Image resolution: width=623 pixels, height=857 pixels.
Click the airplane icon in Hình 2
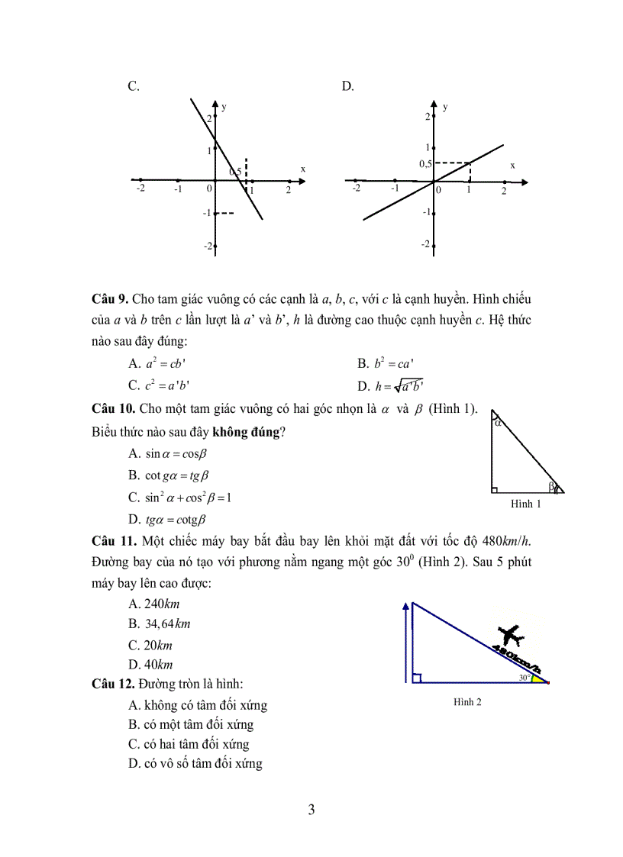coord(508,635)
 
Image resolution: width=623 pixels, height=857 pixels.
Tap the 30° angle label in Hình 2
coord(524,677)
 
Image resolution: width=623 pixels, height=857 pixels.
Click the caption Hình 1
coord(526,504)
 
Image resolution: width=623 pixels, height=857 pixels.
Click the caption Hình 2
coord(467,702)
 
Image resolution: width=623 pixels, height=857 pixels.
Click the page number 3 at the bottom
coord(311,810)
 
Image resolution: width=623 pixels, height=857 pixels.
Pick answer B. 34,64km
coord(160,623)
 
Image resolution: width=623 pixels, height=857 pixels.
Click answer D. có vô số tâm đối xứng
coord(195,763)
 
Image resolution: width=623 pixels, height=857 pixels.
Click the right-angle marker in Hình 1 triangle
coord(495,489)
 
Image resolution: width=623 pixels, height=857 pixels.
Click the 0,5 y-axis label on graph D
coord(424,164)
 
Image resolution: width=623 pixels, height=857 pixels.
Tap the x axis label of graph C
coord(302,169)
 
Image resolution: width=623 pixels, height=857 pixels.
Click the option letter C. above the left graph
coord(133,86)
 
